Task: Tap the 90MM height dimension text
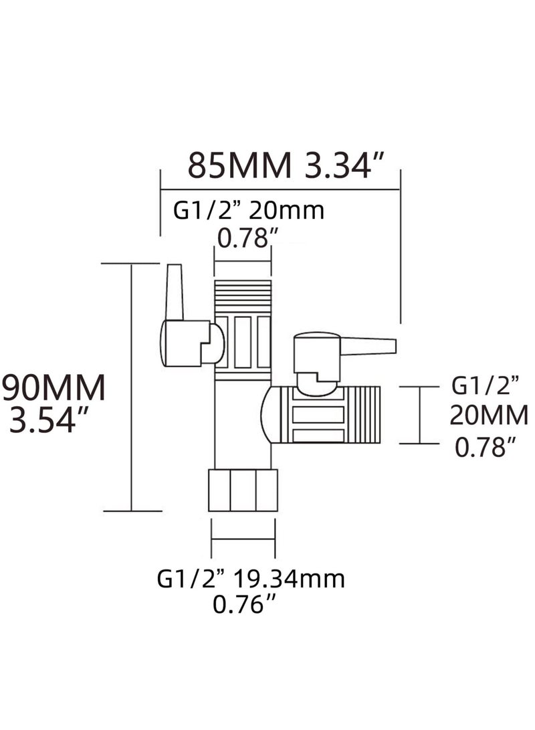click(53, 388)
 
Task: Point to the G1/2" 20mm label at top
click(249, 211)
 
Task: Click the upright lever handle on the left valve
click(175, 292)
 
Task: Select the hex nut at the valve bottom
click(243, 490)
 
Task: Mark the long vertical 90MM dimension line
click(132, 387)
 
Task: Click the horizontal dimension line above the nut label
click(243, 539)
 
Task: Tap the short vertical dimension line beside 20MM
click(420, 415)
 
